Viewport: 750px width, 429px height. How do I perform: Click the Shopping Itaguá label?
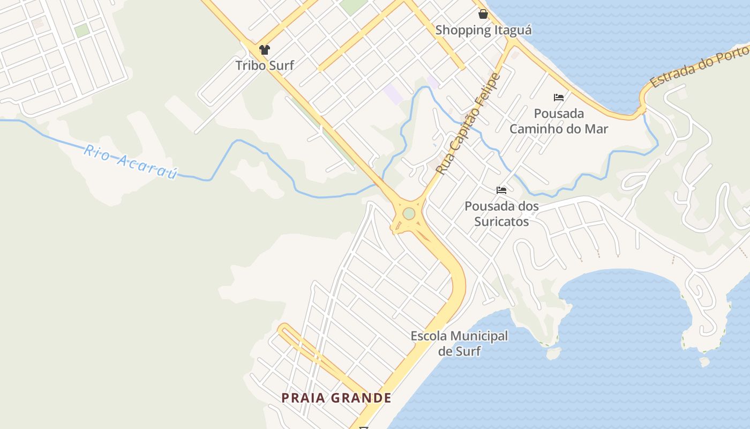[x=483, y=30]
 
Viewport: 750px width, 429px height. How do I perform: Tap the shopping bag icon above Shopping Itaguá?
[x=483, y=14]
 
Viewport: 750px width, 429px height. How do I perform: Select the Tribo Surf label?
[x=265, y=65]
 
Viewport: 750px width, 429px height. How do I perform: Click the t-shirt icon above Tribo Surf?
[x=265, y=50]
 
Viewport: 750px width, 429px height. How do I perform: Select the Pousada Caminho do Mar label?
[x=559, y=121]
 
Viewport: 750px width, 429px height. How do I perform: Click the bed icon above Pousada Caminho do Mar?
[x=559, y=98]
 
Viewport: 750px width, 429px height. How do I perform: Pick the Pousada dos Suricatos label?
[x=501, y=213]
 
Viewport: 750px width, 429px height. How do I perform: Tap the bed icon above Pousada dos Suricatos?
[x=501, y=190]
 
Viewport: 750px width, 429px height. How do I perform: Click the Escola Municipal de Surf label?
[x=459, y=344]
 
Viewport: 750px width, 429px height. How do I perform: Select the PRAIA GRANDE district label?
[x=337, y=398]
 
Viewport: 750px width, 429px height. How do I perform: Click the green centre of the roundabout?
[x=409, y=213]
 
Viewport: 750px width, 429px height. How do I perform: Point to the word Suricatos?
[x=501, y=221]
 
